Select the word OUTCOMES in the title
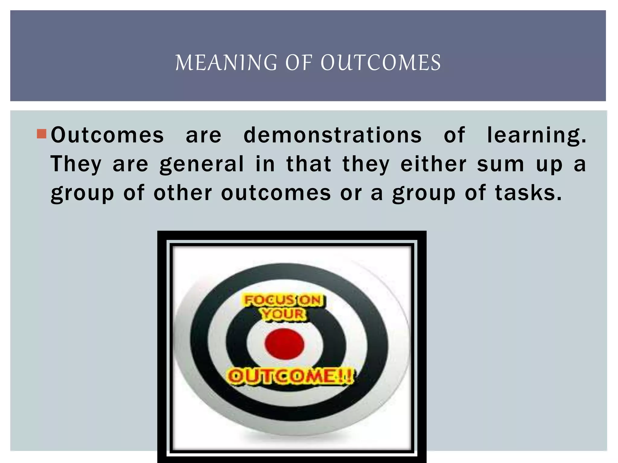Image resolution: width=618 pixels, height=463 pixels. coord(381,63)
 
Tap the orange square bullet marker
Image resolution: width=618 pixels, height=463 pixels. coord(41,134)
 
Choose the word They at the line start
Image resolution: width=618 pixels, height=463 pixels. coord(76,165)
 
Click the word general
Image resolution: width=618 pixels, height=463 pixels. coord(202,165)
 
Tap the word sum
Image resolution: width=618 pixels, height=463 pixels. coord(501,165)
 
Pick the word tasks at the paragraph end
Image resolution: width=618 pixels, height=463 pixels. coord(528,193)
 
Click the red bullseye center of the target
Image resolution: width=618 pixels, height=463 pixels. coord(284,344)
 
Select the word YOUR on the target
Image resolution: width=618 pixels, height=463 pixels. coord(283,314)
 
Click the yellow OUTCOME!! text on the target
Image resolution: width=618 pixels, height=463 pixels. coord(290,376)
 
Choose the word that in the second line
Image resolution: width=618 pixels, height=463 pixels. coord(309,164)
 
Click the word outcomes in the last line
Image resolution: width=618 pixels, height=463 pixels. coord(276,193)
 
